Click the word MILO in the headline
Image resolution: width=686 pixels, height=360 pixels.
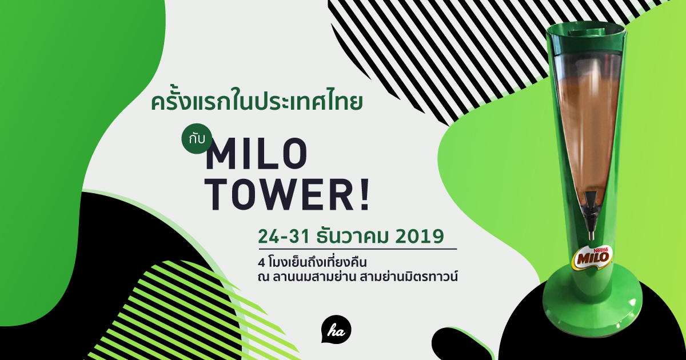pyautogui.click(x=257, y=156)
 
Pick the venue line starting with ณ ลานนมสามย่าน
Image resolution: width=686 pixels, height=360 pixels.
pyautogui.click(x=358, y=277)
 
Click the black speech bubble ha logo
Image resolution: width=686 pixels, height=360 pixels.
pyautogui.click(x=336, y=331)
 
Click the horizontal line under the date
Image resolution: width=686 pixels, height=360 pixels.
pyautogui.click(x=358, y=249)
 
